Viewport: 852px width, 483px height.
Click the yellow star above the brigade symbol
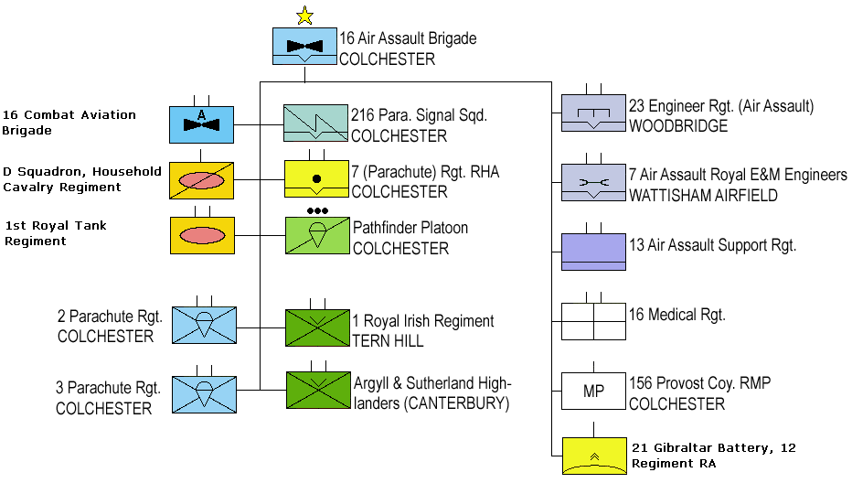pyautogui.click(x=304, y=15)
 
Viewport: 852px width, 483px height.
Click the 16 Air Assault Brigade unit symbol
pyautogui.click(x=304, y=46)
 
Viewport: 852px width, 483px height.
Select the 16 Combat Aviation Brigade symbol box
pyautogui.click(x=201, y=124)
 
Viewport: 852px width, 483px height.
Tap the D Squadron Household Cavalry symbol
pyautogui.click(x=201, y=180)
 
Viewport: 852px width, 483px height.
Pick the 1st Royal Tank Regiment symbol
pyautogui.click(x=201, y=235)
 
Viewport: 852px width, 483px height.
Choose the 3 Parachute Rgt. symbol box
pyautogui.click(x=201, y=391)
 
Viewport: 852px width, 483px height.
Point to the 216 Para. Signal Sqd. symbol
pyautogui.click(x=315, y=124)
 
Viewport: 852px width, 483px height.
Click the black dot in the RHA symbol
pyautogui.click(x=316, y=177)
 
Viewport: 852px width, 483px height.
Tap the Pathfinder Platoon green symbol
pyautogui.click(x=317, y=235)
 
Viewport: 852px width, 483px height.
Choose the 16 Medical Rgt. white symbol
pyautogui.click(x=593, y=322)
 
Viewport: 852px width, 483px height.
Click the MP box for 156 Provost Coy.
pyautogui.click(x=593, y=391)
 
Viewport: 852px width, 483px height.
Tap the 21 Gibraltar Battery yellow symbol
pyautogui.click(x=593, y=456)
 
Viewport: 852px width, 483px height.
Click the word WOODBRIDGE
pyautogui.click(x=678, y=126)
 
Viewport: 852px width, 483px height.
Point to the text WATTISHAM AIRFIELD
pyautogui.click(x=703, y=196)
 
